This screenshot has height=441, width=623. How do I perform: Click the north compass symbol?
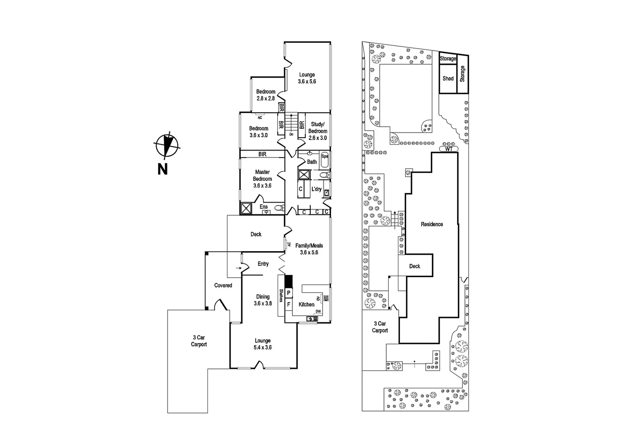pyautogui.click(x=166, y=145)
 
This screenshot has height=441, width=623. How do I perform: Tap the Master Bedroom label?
pyautogui.click(x=262, y=176)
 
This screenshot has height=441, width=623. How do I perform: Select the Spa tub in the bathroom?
pyautogui.click(x=325, y=161)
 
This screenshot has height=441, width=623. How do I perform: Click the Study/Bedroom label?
pyautogui.click(x=317, y=127)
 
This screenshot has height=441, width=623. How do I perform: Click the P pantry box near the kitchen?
pyautogui.click(x=289, y=293)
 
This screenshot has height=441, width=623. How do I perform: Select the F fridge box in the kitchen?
pyautogui.click(x=289, y=304)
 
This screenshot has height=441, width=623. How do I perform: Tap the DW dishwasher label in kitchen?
pyautogui.click(x=318, y=312)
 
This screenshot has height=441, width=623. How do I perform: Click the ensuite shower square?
pyautogui.click(x=246, y=208)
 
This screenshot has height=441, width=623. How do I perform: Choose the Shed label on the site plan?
pyautogui.click(x=448, y=78)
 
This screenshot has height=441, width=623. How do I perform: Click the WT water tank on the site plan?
pyautogui.click(x=448, y=149)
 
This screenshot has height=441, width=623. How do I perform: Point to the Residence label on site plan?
pyautogui.click(x=432, y=224)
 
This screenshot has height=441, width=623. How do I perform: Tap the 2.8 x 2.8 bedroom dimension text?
pyautogui.click(x=265, y=98)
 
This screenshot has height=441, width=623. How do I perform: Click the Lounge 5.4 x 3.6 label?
pyautogui.click(x=263, y=344)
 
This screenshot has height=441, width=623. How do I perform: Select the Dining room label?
pyautogui.click(x=263, y=297)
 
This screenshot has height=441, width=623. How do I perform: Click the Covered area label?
pyautogui.click(x=223, y=285)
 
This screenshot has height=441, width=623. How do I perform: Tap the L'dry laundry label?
pyautogui.click(x=316, y=189)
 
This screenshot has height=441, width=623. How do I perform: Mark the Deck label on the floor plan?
pyautogui.click(x=256, y=234)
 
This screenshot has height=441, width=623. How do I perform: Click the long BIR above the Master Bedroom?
pyautogui.click(x=262, y=154)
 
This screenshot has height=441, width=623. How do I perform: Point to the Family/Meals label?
pyautogui.click(x=309, y=245)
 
